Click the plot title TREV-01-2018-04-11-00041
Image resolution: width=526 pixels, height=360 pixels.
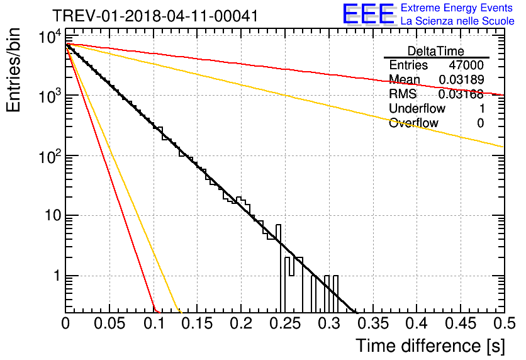click(x=155, y=16)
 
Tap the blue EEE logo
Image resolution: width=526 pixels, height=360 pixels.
click(x=368, y=14)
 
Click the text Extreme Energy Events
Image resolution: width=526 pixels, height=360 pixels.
click(x=457, y=8)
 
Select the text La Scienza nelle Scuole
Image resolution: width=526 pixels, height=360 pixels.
click(x=457, y=21)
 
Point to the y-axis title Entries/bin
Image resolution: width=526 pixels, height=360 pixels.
click(x=13, y=70)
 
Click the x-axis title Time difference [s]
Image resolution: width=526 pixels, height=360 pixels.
click(x=430, y=346)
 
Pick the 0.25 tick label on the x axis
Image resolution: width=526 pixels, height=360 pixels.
click(x=285, y=323)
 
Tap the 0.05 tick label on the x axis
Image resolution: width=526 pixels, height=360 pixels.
click(x=109, y=323)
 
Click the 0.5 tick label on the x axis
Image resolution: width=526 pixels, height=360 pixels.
click(x=504, y=323)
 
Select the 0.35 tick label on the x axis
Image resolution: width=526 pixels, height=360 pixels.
click(x=372, y=323)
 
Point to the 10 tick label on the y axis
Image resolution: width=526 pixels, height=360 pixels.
click(x=53, y=215)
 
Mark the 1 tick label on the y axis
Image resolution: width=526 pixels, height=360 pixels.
click(x=57, y=276)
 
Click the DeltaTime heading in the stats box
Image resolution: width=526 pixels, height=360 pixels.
click(x=436, y=51)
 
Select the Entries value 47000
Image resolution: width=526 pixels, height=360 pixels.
click(x=466, y=65)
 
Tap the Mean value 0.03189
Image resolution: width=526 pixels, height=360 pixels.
click(x=462, y=79)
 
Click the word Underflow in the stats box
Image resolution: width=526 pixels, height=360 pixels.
click(x=417, y=108)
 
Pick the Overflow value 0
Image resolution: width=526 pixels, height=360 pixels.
click(x=481, y=123)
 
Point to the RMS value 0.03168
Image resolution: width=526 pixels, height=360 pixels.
click(x=461, y=94)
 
